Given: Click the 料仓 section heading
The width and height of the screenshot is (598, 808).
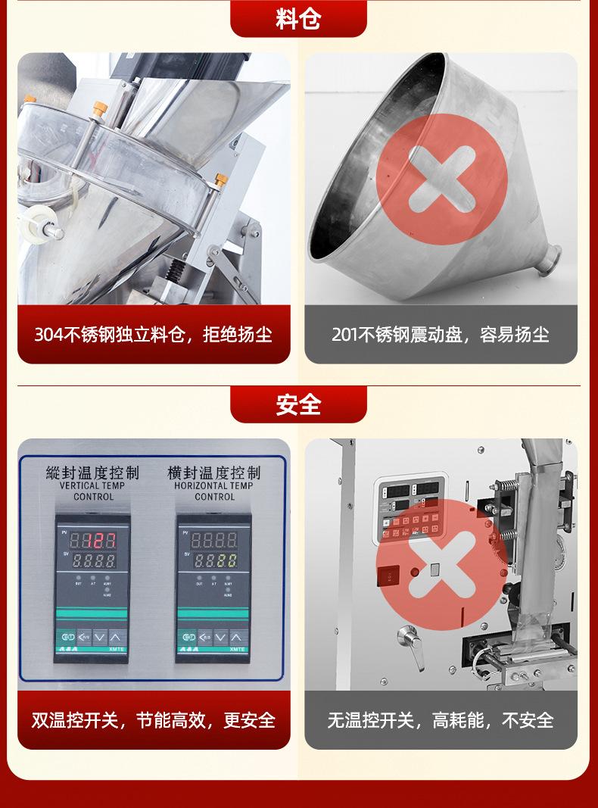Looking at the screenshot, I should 298,18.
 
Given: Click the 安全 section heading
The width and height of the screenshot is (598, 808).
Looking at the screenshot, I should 298,404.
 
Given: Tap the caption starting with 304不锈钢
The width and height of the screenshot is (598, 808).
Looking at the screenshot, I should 153,335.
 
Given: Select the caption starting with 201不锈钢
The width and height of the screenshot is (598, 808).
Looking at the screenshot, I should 441,335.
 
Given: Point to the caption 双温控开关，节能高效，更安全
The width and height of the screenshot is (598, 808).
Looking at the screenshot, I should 153,719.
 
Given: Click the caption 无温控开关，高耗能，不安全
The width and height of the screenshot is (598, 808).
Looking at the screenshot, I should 441,719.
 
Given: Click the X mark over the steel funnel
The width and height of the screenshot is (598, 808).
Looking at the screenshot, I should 441,179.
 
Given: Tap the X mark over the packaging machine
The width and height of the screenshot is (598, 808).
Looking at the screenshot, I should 441,564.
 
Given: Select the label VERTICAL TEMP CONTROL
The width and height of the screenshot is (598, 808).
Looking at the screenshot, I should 93,491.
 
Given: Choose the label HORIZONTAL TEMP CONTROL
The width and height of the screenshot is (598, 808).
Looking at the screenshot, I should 214,491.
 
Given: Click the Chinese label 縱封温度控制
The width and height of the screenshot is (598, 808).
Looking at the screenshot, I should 93,473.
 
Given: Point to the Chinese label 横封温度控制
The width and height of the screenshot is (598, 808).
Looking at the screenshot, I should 214,473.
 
